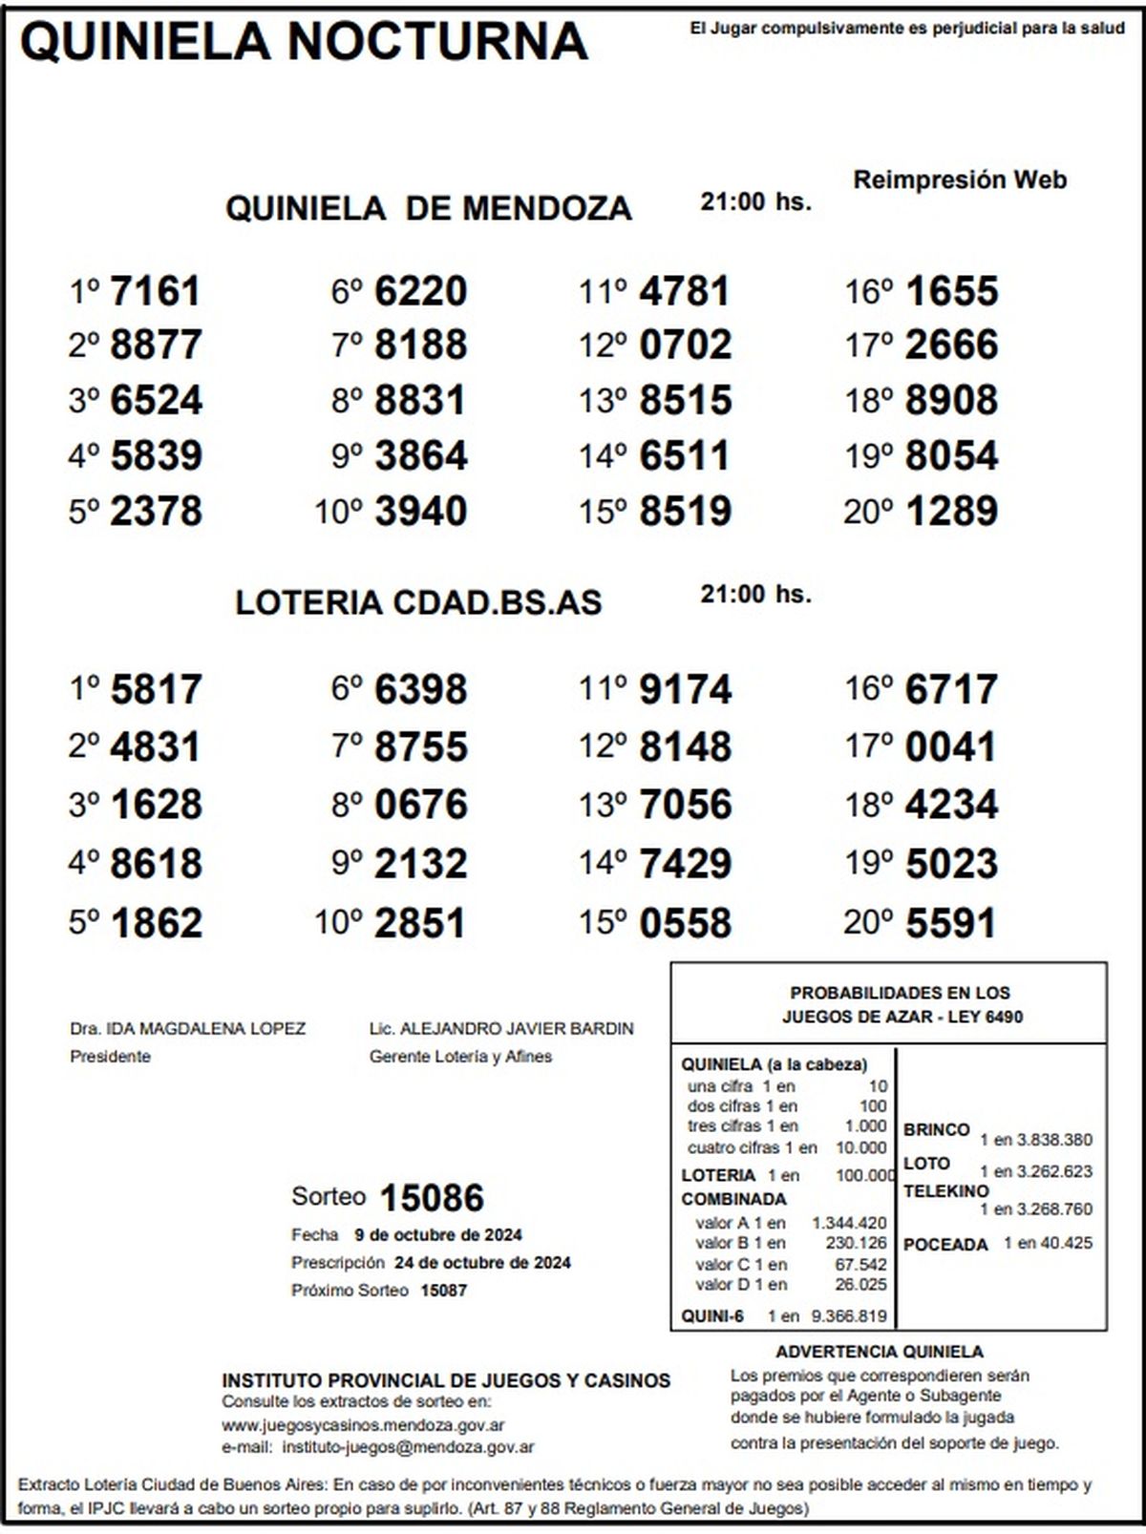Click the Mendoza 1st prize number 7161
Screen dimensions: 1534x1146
coord(155,291)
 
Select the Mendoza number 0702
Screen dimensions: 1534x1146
coord(685,345)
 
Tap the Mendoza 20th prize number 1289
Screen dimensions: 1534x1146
coord(951,511)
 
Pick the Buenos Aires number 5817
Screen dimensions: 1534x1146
coord(156,689)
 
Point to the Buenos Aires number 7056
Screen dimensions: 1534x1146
coord(685,805)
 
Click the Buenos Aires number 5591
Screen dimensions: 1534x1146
coord(951,923)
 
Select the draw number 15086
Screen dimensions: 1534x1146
coord(432,1197)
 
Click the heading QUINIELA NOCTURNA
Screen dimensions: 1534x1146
coord(304,42)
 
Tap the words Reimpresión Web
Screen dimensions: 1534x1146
coord(960,179)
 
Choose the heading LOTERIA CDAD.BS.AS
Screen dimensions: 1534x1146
coord(418,602)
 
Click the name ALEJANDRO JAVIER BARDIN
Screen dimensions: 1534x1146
coord(517,1028)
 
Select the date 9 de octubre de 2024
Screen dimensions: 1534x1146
coord(438,1234)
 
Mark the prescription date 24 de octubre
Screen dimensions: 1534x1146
coord(482,1262)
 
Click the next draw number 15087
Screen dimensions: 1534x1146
coord(443,1290)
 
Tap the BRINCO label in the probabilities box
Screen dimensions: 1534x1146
coord(936,1129)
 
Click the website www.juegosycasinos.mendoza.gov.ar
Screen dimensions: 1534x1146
coord(363,1425)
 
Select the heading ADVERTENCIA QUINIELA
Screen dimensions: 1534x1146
coord(879,1352)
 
